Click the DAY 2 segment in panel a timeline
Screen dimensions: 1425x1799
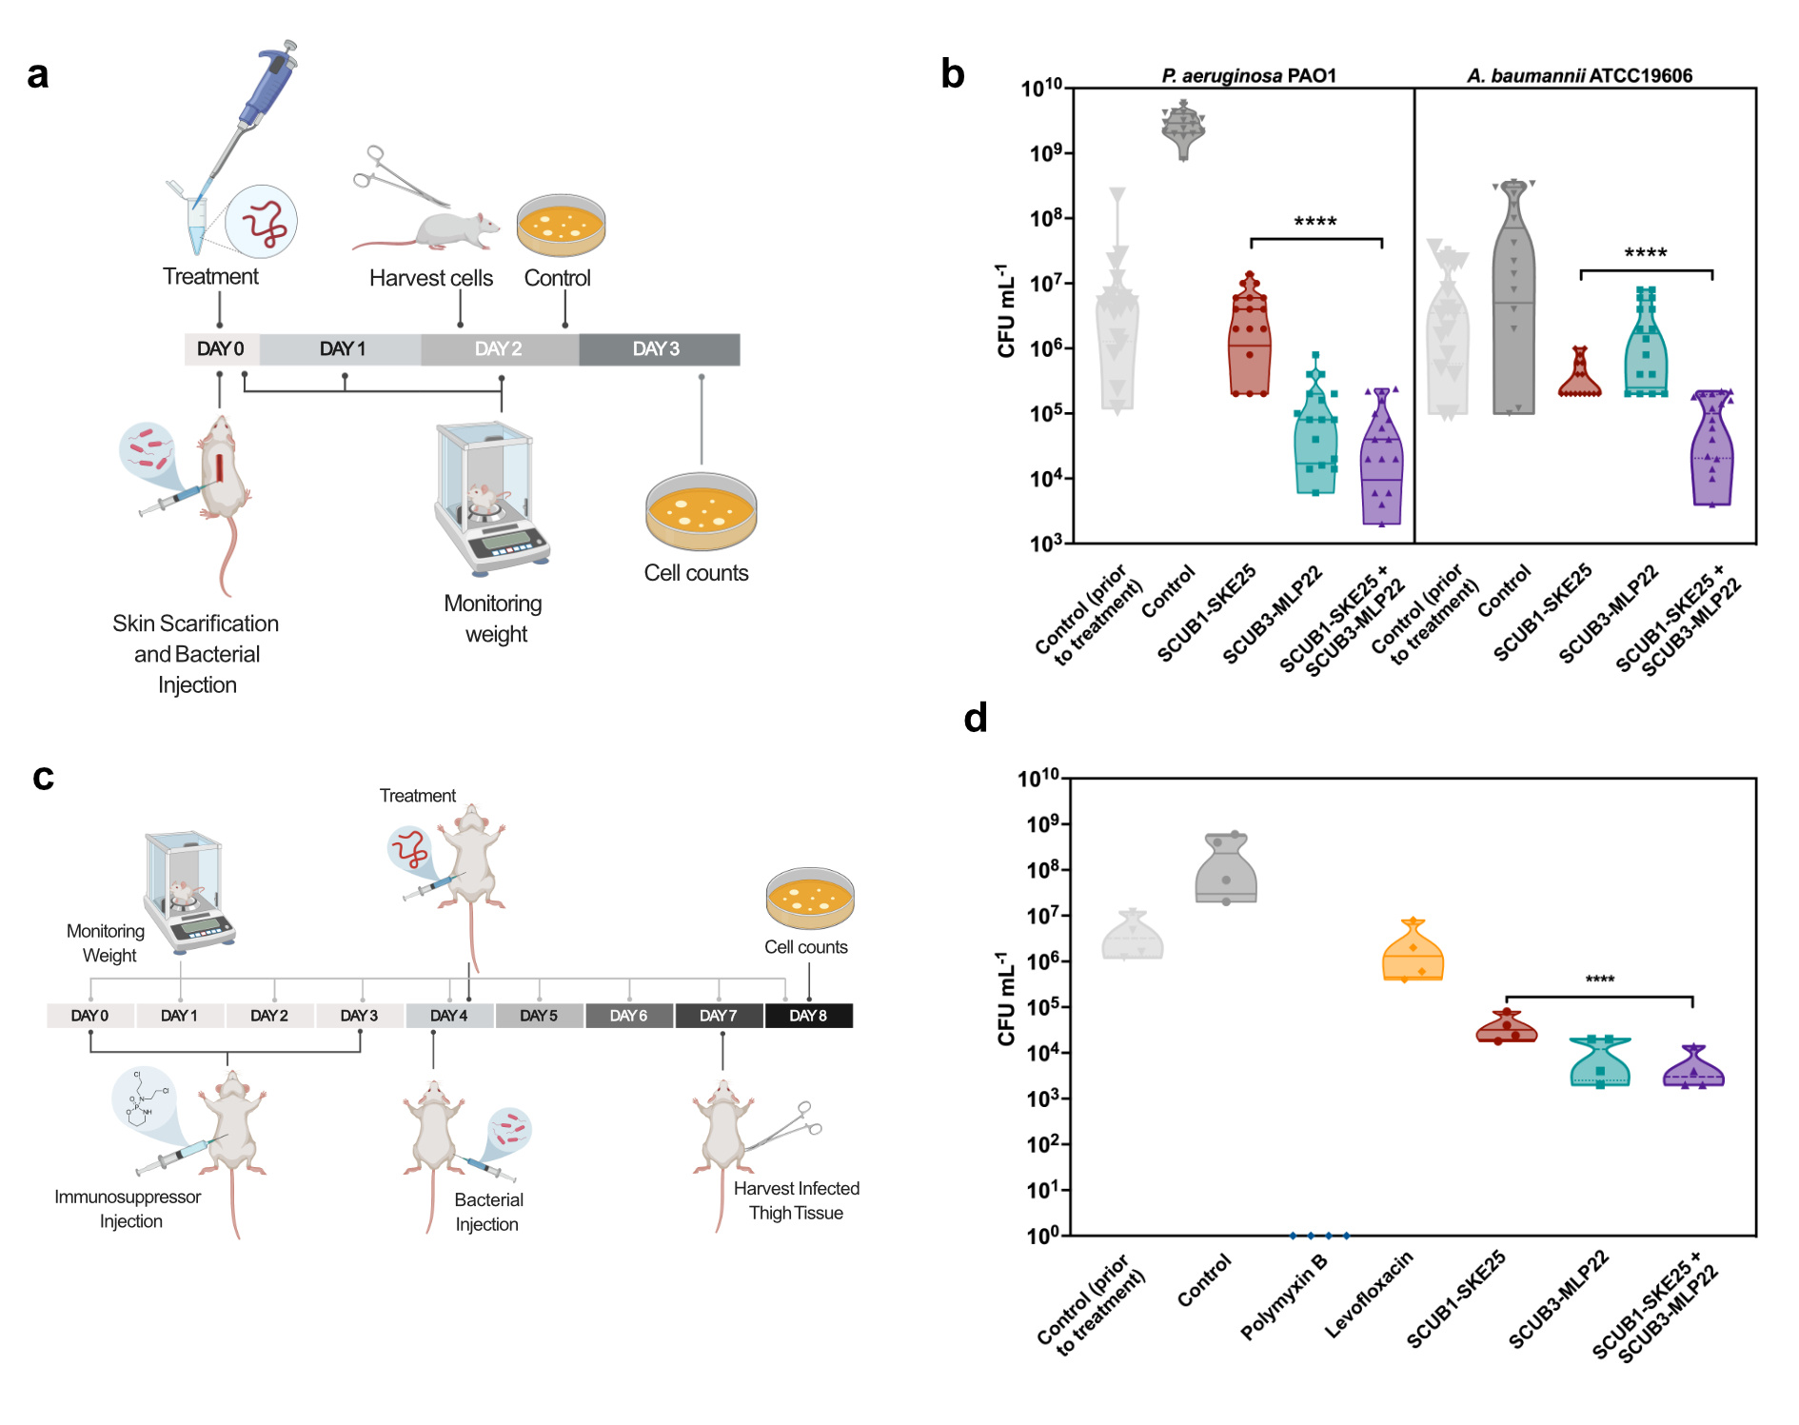click(x=499, y=349)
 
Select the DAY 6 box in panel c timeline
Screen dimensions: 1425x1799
click(x=628, y=1016)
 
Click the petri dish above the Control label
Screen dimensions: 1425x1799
click(x=561, y=226)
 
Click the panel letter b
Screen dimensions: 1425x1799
click(x=952, y=74)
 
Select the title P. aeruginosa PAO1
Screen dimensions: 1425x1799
click(x=1248, y=75)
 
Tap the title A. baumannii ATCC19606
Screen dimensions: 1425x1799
click(x=1579, y=75)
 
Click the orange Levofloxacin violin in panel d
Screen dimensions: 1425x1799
click(x=1413, y=953)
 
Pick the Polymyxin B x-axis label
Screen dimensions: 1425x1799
click(x=1285, y=1296)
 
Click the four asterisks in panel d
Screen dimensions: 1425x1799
click(x=1599, y=980)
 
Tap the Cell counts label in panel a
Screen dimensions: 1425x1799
click(x=696, y=573)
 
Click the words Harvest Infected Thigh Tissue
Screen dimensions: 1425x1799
click(x=796, y=1200)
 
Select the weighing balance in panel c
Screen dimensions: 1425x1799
click(x=188, y=892)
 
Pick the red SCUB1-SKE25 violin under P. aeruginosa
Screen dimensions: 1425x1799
click(x=1249, y=338)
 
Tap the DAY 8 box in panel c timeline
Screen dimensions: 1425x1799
click(x=808, y=1016)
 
